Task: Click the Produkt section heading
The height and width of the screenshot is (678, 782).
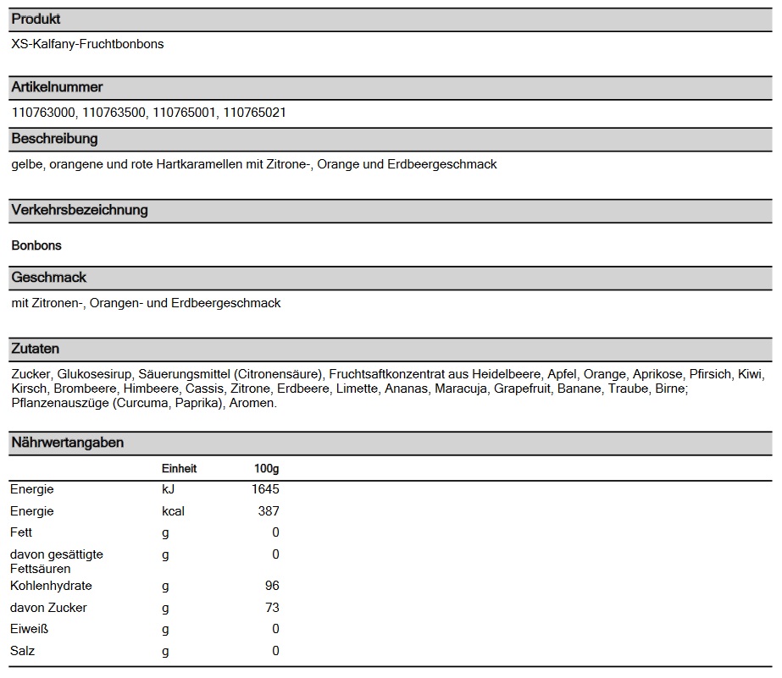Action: [36, 19]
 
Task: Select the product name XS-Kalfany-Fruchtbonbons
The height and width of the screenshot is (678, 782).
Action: [87, 44]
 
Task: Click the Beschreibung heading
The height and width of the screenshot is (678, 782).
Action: [54, 139]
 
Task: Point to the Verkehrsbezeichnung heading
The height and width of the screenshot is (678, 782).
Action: [80, 210]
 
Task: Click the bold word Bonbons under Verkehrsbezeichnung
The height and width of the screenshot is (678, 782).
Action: [36, 245]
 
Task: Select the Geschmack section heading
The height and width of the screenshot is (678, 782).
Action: [48, 278]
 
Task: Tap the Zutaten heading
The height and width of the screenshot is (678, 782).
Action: [35, 349]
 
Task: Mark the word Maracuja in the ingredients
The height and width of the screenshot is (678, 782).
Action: [462, 389]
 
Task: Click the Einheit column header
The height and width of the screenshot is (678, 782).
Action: [179, 468]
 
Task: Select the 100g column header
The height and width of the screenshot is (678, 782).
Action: [266, 468]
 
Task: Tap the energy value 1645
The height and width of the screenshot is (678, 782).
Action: [265, 489]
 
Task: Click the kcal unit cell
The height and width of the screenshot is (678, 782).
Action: [173, 511]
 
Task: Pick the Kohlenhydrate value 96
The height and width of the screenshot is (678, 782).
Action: [271, 586]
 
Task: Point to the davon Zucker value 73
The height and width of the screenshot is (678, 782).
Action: [271, 608]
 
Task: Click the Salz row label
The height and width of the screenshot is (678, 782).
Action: [22, 651]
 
